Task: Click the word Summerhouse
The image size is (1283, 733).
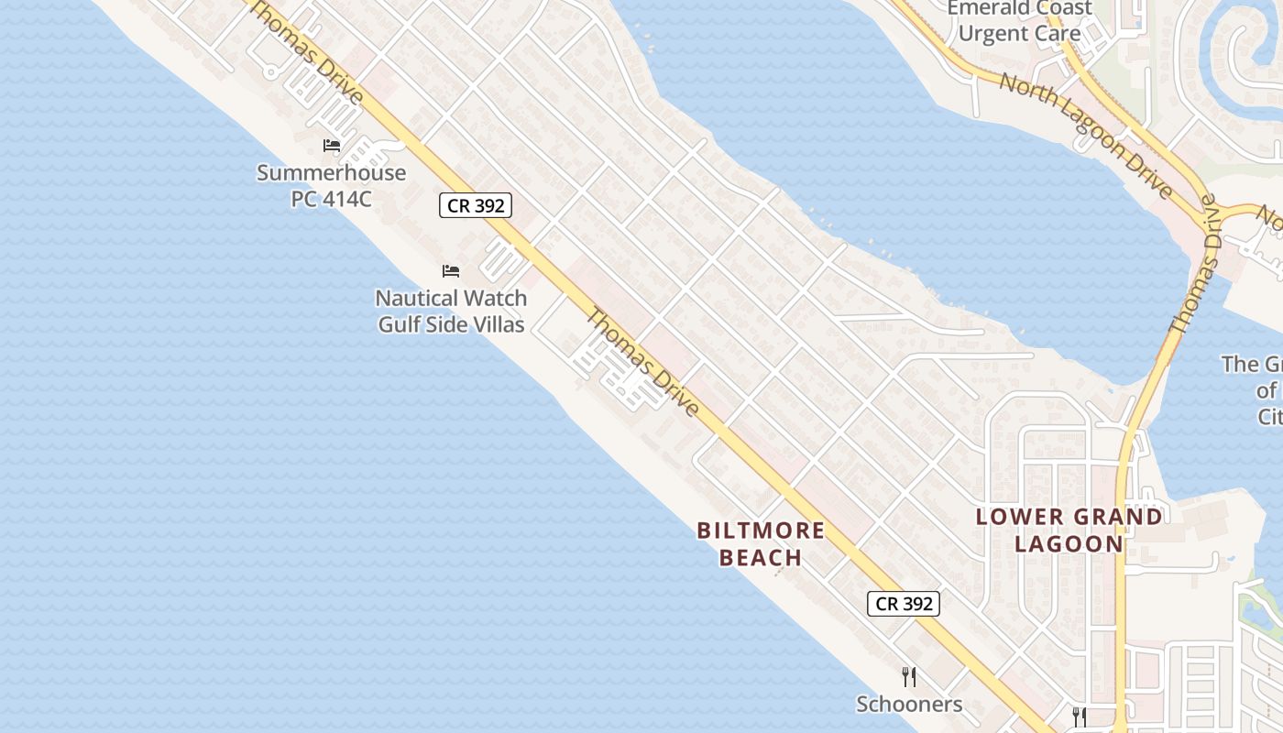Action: (x=331, y=172)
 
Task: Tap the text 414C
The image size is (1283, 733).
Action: (x=347, y=198)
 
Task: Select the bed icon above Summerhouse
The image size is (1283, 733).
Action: (x=332, y=146)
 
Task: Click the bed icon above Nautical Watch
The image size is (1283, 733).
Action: (x=451, y=271)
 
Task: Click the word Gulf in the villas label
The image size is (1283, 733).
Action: (x=400, y=324)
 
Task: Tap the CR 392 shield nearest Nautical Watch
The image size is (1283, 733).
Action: (x=476, y=205)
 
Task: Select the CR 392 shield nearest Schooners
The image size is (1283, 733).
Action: (x=904, y=603)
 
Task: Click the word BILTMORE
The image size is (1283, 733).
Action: (x=761, y=531)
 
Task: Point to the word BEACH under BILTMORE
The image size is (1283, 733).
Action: (x=761, y=557)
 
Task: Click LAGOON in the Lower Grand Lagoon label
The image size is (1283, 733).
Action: (x=1069, y=543)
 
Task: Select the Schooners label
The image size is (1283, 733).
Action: (x=909, y=704)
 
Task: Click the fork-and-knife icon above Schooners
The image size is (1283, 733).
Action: (x=909, y=677)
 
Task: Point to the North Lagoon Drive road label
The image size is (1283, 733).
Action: (x=1086, y=137)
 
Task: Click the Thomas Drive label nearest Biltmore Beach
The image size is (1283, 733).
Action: (x=643, y=363)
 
